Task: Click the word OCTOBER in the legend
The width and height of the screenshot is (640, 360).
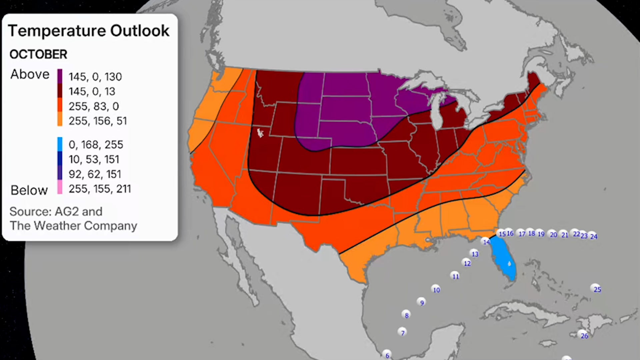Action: (x=38, y=54)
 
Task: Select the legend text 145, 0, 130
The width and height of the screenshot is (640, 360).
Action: (x=95, y=77)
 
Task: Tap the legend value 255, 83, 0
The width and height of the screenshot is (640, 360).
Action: (x=94, y=106)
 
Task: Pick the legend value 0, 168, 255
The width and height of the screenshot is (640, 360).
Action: (x=96, y=145)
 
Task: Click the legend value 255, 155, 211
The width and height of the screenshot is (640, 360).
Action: (x=100, y=189)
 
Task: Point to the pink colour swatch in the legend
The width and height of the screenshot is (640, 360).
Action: (x=60, y=187)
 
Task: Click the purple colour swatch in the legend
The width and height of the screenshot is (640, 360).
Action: (x=60, y=76)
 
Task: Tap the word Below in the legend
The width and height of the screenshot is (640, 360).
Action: (x=29, y=190)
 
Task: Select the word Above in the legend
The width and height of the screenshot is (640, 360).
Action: (x=30, y=74)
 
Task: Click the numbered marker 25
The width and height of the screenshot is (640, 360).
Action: (x=596, y=289)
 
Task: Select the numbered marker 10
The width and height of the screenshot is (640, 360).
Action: (x=436, y=289)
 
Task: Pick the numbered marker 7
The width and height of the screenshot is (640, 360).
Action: (x=402, y=332)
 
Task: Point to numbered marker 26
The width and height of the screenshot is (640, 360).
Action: (x=583, y=335)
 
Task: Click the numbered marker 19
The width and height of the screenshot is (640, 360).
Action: (x=540, y=234)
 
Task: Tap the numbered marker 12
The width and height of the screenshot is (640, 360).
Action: (x=467, y=263)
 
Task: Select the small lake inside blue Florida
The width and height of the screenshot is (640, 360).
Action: (x=509, y=264)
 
